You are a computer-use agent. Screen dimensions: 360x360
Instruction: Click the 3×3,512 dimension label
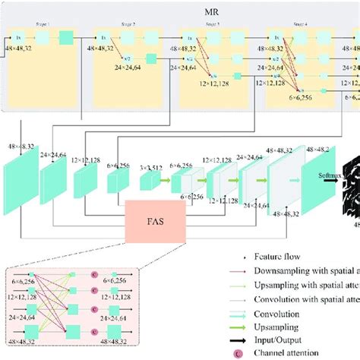(151, 166)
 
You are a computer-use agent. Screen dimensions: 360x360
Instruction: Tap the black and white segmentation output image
(350, 182)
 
